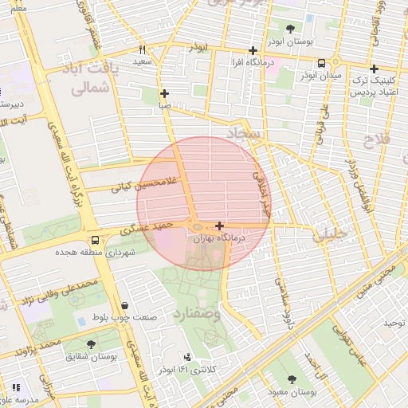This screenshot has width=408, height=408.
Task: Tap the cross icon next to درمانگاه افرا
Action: click(253, 50)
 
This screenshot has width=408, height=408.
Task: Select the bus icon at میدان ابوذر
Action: click(321, 63)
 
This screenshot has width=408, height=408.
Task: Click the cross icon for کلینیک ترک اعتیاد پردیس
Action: click(374, 69)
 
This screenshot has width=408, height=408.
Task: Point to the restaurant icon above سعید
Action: click(142, 49)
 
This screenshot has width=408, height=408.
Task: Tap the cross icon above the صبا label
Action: click(163, 93)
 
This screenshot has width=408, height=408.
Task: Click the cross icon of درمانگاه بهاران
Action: click(219, 226)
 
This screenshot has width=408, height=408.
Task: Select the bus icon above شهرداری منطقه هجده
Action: click(96, 239)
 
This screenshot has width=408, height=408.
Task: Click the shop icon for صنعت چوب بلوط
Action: click(125, 304)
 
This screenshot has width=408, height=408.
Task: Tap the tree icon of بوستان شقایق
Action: click(91, 345)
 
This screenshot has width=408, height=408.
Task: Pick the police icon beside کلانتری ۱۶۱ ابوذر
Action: click(187, 357)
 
